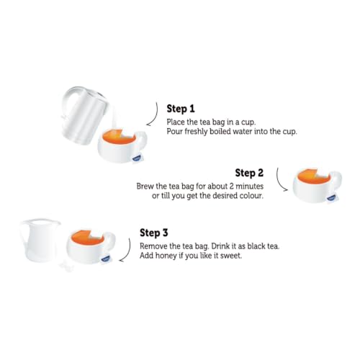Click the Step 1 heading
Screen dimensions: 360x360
[x=181, y=109]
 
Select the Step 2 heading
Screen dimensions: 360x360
[x=249, y=173]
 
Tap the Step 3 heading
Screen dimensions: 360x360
[x=154, y=233]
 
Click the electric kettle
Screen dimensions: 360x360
[x=84, y=115]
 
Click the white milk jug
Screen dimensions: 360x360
[x=40, y=240]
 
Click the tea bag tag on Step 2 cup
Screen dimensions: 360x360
[x=331, y=198]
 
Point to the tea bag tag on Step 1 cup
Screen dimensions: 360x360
[x=136, y=158]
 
